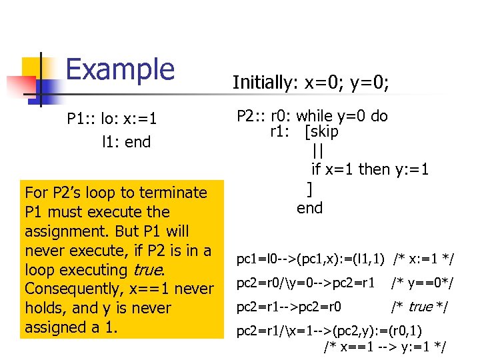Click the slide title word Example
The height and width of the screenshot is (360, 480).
[x=120, y=69]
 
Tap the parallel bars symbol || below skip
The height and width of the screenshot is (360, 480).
[x=317, y=151]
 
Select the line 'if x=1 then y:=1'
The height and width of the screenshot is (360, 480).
[x=370, y=169]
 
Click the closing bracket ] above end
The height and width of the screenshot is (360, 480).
[x=309, y=189]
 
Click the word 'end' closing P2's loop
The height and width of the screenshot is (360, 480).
[x=309, y=208]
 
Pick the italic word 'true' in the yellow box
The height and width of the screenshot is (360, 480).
[x=147, y=270]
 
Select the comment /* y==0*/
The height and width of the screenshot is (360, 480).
[x=422, y=283]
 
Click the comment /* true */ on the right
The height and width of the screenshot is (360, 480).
[x=419, y=307]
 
